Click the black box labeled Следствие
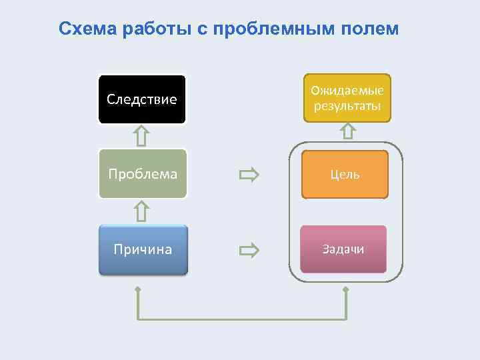(x=142, y=99)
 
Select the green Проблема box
(x=143, y=173)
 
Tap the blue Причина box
(x=143, y=250)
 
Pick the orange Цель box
(x=345, y=175)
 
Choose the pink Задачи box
(x=343, y=249)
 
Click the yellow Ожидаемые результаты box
(x=347, y=98)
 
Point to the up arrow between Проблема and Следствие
(x=141, y=136)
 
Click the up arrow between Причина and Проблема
(x=141, y=211)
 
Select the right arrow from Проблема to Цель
(x=249, y=175)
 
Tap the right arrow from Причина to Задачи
(x=249, y=251)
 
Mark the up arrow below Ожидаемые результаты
(x=347, y=131)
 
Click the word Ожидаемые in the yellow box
(x=347, y=91)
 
